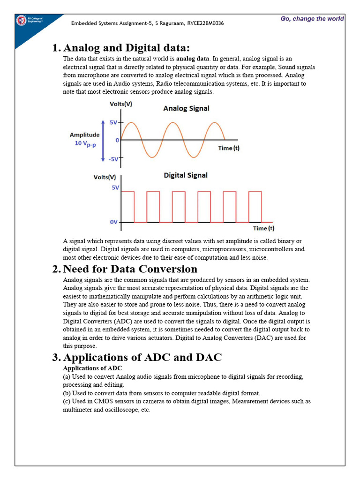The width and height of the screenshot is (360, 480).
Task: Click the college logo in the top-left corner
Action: (x=21, y=21)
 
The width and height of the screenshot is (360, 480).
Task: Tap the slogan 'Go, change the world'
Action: (x=312, y=19)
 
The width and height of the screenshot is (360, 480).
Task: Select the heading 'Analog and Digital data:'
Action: (x=127, y=48)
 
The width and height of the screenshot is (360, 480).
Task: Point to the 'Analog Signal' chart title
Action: (x=186, y=108)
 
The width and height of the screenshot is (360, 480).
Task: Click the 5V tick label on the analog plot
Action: (x=114, y=122)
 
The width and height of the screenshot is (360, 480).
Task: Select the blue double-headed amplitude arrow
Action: (x=102, y=140)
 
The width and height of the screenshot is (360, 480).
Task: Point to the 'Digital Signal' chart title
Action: (x=186, y=175)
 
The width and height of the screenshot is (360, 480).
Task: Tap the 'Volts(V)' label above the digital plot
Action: (x=105, y=177)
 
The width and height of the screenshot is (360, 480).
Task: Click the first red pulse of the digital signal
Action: (x=128, y=206)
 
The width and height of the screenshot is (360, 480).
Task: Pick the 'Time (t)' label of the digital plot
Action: (x=264, y=228)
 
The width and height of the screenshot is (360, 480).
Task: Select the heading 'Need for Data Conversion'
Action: (x=130, y=269)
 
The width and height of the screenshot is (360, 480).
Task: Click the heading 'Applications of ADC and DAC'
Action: (x=142, y=357)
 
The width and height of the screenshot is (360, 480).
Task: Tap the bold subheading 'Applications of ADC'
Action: (x=86, y=368)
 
